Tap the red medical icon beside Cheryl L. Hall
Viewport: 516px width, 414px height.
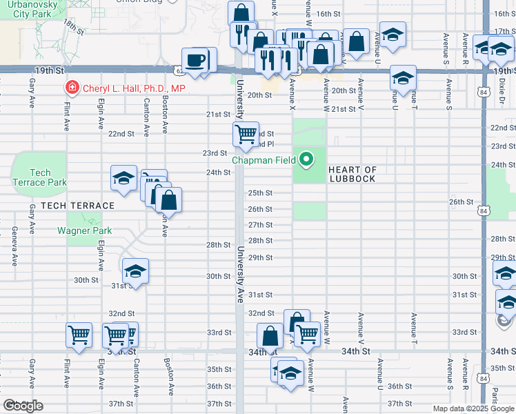point(71,88)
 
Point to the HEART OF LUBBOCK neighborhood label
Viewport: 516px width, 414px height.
point(352,174)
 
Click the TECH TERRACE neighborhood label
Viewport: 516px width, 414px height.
point(77,206)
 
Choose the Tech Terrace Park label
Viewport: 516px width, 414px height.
point(40,177)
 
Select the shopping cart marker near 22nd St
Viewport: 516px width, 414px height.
point(246,134)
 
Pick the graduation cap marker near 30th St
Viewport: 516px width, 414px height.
point(136,271)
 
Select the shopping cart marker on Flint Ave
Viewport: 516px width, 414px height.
point(79,335)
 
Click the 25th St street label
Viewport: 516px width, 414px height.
point(261,193)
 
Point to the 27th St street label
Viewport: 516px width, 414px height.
point(261,225)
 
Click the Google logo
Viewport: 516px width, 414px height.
point(23,406)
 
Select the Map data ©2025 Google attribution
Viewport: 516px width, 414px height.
point(473,408)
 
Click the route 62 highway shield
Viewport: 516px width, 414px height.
point(179,70)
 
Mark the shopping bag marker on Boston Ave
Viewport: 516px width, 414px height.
point(168,201)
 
